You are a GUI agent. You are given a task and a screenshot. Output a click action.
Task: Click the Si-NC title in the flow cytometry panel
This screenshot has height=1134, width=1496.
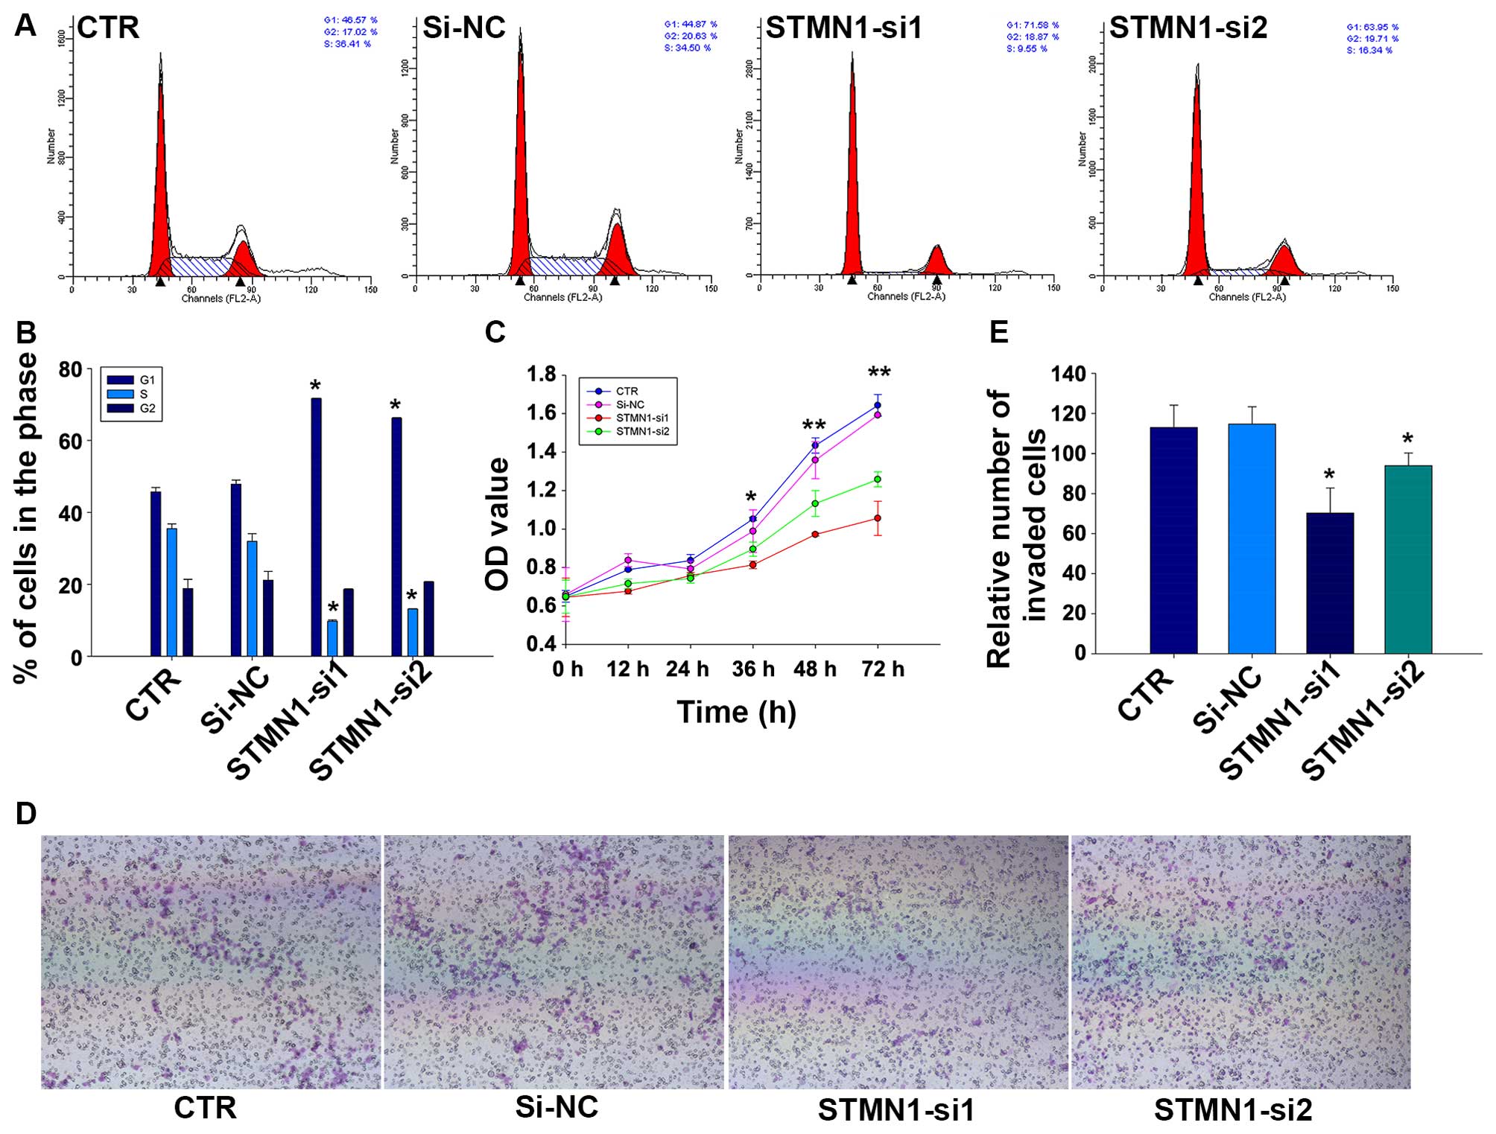(x=463, y=28)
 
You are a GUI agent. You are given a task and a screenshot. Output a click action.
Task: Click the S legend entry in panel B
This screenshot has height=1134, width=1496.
(x=144, y=394)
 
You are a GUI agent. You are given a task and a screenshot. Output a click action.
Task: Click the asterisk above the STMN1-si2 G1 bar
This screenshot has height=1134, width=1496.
(x=395, y=407)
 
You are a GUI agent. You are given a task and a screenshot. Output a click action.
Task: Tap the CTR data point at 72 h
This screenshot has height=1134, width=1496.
(x=878, y=405)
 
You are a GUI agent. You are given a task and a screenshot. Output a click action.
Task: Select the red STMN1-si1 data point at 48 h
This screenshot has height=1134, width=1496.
(x=815, y=534)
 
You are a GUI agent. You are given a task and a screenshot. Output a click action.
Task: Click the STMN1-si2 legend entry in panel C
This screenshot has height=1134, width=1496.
(x=642, y=431)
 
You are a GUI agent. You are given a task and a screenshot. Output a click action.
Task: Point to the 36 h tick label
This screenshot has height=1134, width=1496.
(x=753, y=669)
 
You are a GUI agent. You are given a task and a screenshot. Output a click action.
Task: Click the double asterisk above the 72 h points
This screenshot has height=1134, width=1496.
(x=879, y=372)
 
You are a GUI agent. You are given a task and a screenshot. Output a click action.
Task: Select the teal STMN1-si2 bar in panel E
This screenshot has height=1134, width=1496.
(x=1407, y=558)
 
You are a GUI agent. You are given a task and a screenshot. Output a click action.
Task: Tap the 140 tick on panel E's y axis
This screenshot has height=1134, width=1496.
(x=1068, y=374)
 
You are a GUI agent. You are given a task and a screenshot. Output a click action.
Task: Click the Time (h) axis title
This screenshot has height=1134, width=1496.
(x=736, y=713)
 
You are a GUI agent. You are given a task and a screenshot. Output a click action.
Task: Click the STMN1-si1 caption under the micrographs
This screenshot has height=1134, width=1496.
(x=896, y=1110)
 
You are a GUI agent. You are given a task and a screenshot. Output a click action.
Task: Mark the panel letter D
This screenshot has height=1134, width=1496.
(x=25, y=814)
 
